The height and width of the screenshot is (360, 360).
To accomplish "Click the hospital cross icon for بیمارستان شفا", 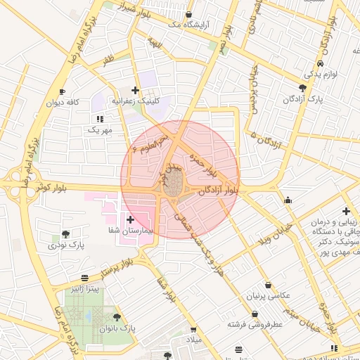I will click(x=130, y=220).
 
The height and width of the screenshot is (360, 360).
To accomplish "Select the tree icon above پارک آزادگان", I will click(x=302, y=88).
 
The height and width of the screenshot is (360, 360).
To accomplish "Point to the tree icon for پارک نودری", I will click(x=65, y=233).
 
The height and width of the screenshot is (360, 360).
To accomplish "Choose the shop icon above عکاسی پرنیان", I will click(x=270, y=285).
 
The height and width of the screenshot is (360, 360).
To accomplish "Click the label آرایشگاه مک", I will click(x=187, y=25).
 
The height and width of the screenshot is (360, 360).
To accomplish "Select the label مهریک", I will click(x=99, y=130).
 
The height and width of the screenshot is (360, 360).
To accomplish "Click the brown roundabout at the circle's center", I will click(x=173, y=185).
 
